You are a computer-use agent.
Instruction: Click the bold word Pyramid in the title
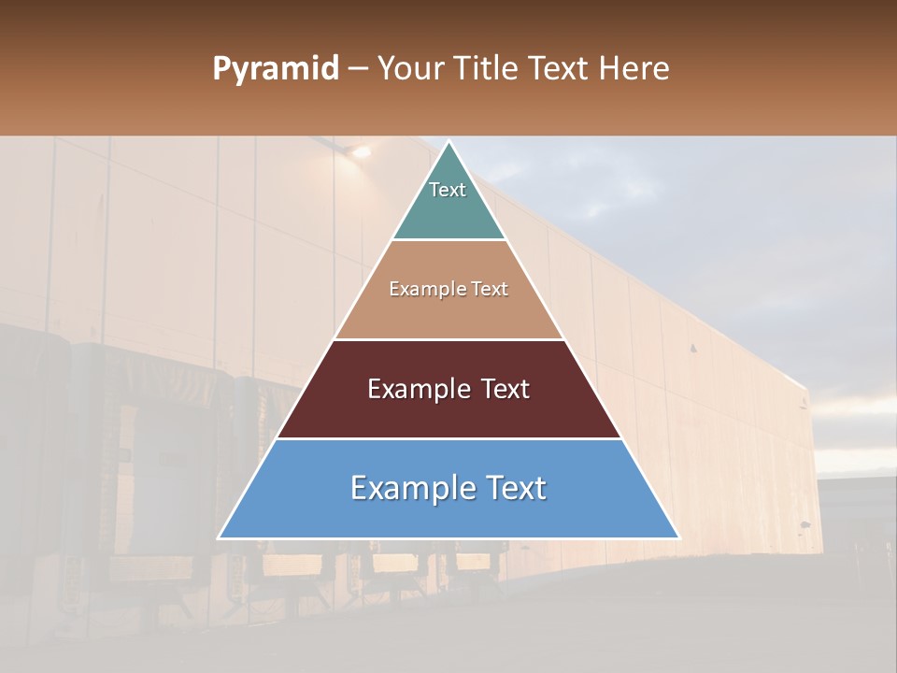pos(275,68)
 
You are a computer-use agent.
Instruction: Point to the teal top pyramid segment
pos(448,206)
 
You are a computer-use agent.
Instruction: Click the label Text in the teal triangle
pos(448,190)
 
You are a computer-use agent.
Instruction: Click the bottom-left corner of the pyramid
pos(220,537)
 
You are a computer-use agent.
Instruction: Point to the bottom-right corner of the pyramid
pos(678,537)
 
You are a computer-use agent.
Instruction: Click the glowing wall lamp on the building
pos(359,150)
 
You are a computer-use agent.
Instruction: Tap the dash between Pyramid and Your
pos(358,69)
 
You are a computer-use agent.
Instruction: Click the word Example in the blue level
pos(407,488)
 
